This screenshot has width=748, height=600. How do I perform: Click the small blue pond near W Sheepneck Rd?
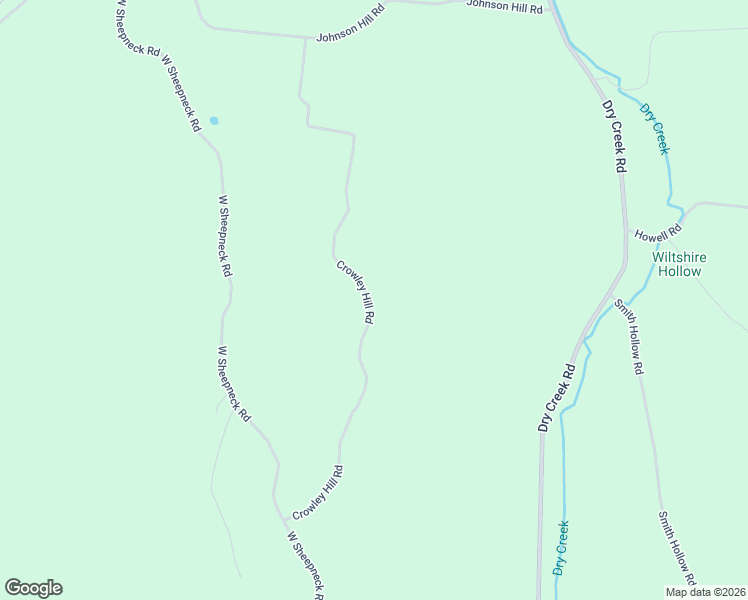[213, 121]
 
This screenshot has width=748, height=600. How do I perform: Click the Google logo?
[33, 588]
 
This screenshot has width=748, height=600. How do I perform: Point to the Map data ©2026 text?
[705, 592]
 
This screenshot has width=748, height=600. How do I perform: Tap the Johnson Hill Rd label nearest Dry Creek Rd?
[504, 7]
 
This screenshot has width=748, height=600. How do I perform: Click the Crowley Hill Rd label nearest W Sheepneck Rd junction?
[318, 493]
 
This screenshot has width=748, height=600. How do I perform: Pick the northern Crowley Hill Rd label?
[355, 292]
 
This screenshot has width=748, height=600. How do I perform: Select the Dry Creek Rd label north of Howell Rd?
[613, 136]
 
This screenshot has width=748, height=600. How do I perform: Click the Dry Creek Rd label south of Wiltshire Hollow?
[557, 397]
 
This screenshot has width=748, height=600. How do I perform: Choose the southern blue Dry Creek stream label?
[561, 548]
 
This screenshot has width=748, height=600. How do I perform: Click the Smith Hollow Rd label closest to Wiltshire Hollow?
[628, 336]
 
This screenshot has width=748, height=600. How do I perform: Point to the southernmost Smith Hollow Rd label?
[676, 550]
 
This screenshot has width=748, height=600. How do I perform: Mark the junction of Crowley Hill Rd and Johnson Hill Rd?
[305, 38]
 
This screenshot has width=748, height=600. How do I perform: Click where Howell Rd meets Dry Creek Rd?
[627, 237]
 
